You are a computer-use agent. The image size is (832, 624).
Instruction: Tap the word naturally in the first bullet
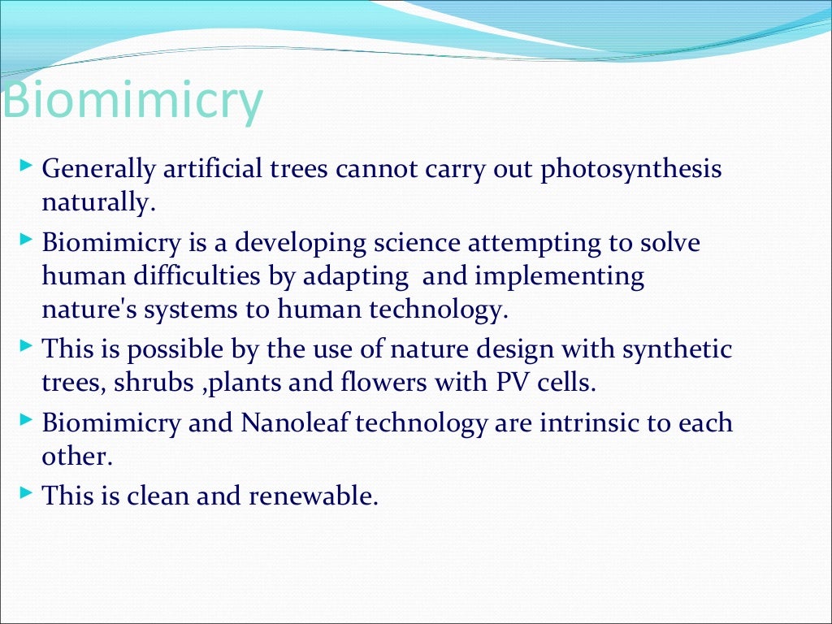[x=97, y=202]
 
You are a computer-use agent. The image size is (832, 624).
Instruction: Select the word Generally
[x=98, y=170]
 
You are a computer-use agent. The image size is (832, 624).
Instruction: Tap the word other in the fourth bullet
[x=75, y=456]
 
